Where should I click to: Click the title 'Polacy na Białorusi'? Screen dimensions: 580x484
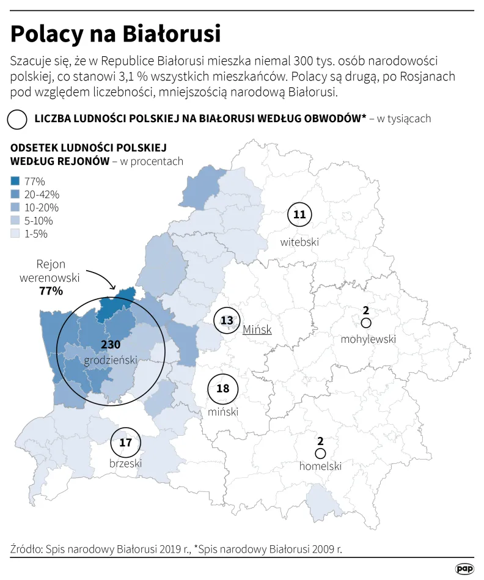pyautogui.click(x=116, y=33)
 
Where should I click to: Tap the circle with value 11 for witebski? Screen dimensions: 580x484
pyautogui.click(x=299, y=215)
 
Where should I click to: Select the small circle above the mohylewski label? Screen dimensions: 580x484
pyautogui.click(x=365, y=323)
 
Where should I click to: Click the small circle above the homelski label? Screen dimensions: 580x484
pyautogui.click(x=320, y=453)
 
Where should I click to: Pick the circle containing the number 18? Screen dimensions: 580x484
pyautogui.click(x=222, y=388)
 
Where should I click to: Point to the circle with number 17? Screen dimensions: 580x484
pyautogui.click(x=125, y=442)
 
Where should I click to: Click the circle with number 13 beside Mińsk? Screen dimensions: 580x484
pyautogui.click(x=227, y=321)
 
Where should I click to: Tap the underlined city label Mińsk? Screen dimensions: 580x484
pyautogui.click(x=257, y=329)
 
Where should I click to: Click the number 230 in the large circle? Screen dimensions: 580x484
pyautogui.click(x=111, y=345)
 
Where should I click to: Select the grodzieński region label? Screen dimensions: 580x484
pyautogui.click(x=111, y=359)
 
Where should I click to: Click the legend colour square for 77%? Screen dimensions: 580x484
pyautogui.click(x=16, y=181)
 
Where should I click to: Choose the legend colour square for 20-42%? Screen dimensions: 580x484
pyautogui.click(x=16, y=194)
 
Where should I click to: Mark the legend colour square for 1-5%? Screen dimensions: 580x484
pyautogui.click(x=16, y=233)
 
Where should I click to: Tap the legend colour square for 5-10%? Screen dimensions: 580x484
pyautogui.click(x=16, y=221)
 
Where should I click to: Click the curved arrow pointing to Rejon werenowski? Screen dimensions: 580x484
pyautogui.click(x=103, y=279)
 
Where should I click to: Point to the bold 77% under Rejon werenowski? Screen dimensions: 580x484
pyautogui.click(x=51, y=291)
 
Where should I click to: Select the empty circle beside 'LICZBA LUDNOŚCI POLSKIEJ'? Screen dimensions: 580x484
pyautogui.click(x=18, y=119)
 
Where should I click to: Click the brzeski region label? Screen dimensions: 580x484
pyautogui.click(x=125, y=463)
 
